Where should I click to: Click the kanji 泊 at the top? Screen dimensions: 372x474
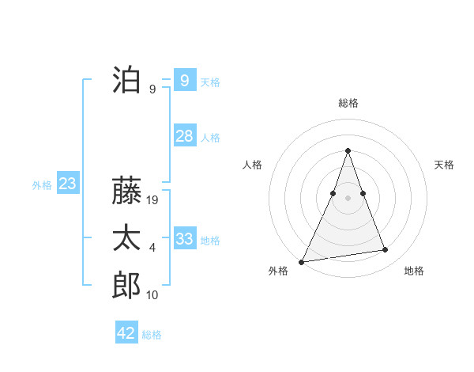(x=126, y=80)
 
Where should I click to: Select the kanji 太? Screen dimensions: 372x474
(x=126, y=238)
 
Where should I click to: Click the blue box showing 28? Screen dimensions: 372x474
(x=185, y=136)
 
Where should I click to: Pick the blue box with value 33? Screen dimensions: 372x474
(x=185, y=239)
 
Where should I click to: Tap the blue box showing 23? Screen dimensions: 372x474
(x=67, y=184)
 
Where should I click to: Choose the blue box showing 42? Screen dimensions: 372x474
(x=126, y=333)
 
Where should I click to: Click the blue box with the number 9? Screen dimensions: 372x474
(x=184, y=80)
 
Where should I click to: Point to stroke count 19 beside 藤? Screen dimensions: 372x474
(x=153, y=200)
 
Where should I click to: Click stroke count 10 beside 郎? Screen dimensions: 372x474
(x=152, y=295)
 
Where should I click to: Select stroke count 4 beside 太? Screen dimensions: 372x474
(x=152, y=248)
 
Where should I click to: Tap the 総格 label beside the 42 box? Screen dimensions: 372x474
(x=152, y=335)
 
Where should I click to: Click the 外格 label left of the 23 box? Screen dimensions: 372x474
(x=42, y=185)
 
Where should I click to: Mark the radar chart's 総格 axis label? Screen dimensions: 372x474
(x=348, y=103)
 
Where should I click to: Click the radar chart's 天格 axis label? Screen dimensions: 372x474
(x=445, y=165)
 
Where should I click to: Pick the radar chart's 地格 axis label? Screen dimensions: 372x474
(x=414, y=271)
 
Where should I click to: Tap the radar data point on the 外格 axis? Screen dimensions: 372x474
(x=302, y=261)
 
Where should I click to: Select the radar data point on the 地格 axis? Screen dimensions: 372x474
(x=386, y=250)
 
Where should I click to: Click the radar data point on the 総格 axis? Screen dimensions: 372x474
(x=348, y=151)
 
